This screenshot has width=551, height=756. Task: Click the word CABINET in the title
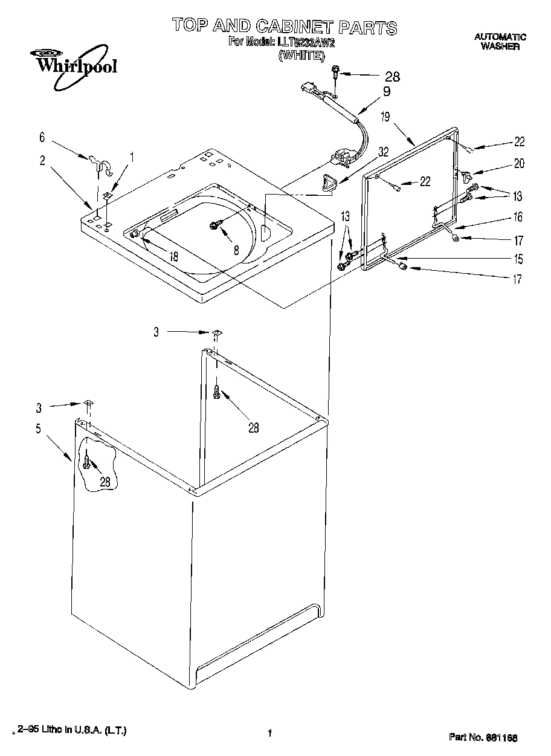pyautogui.click(x=292, y=26)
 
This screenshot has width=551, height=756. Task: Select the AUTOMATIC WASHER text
pyautogui.click(x=500, y=42)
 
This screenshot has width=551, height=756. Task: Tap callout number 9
pyautogui.click(x=387, y=92)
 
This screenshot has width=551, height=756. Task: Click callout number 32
pyautogui.click(x=383, y=153)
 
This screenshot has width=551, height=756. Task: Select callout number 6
pyautogui.click(x=42, y=137)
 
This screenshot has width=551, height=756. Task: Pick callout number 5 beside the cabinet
pyautogui.click(x=38, y=429)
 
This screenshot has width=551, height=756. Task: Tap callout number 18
pyautogui.click(x=173, y=256)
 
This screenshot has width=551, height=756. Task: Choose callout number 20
pyautogui.click(x=519, y=163)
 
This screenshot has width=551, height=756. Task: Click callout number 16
pyautogui.click(x=518, y=217)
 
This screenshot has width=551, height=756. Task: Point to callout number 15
pyautogui.click(x=518, y=259)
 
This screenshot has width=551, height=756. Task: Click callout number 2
pyautogui.click(x=42, y=160)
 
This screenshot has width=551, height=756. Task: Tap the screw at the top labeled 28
pyautogui.click(x=334, y=74)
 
